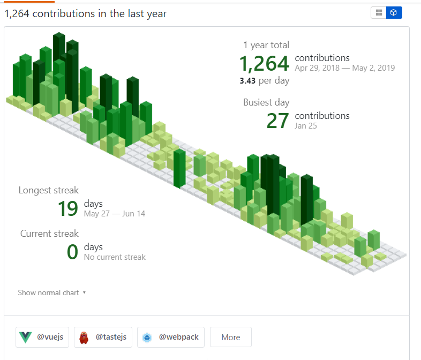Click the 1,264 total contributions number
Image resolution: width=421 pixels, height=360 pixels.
click(264, 64)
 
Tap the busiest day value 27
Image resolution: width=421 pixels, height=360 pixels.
click(278, 121)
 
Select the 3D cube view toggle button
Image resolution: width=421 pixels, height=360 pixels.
click(394, 13)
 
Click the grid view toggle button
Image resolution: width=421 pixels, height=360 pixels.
click(379, 13)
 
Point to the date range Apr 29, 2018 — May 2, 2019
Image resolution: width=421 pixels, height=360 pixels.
click(344, 68)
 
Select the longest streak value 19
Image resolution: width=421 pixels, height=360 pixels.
click(68, 208)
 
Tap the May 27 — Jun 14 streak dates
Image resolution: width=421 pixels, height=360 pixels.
click(114, 214)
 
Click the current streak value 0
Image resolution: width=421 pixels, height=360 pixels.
click(72, 252)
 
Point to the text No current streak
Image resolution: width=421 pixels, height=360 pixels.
click(115, 257)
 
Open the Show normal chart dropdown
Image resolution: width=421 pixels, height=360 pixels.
click(52, 292)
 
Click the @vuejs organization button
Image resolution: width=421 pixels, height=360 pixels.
click(42, 337)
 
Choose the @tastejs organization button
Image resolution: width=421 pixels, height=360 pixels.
click(103, 337)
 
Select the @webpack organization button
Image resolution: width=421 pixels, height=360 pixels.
click(170, 337)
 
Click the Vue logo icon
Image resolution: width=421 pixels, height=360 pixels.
click(25, 337)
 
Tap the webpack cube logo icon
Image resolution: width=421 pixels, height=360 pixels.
click(147, 337)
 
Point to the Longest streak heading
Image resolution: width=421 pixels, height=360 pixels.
click(49, 190)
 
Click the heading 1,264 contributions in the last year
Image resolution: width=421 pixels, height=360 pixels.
click(86, 14)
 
